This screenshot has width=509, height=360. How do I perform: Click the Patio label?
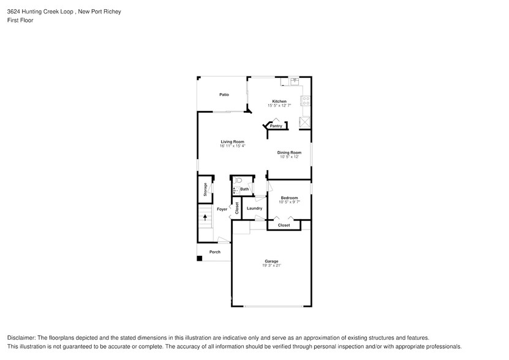pos(224,95)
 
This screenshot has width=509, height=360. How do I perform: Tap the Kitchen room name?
pos(279,102)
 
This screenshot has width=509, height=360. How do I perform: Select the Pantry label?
pos(276,126)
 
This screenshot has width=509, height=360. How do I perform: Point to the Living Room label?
pos(233,141)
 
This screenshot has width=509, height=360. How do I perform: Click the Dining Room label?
pos(289,152)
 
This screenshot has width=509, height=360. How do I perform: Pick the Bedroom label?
pos(289,198)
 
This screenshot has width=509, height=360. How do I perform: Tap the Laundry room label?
pos(254,208)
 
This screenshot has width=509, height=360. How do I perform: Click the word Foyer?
pos(222,209)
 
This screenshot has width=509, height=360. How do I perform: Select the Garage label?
pos(271,261)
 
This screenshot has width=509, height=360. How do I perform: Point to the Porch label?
pos(215,252)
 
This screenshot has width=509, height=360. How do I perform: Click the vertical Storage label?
pos(206,190)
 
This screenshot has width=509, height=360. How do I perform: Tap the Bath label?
pos(244,189)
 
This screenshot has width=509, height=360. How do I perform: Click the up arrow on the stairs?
pos(205,217)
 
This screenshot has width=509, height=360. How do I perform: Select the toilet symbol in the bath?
pos(239,180)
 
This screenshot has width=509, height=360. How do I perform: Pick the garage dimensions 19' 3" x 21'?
pos(271,266)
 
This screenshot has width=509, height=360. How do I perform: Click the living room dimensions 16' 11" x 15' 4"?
pos(233,146)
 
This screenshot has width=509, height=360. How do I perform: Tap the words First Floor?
pos(20,20)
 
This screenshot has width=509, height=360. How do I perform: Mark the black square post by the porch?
pos(199,258)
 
